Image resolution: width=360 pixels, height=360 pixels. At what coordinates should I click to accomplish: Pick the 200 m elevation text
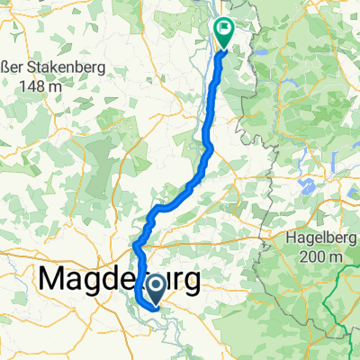point(325,257)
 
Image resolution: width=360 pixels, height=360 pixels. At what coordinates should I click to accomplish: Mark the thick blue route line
point(210,135)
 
